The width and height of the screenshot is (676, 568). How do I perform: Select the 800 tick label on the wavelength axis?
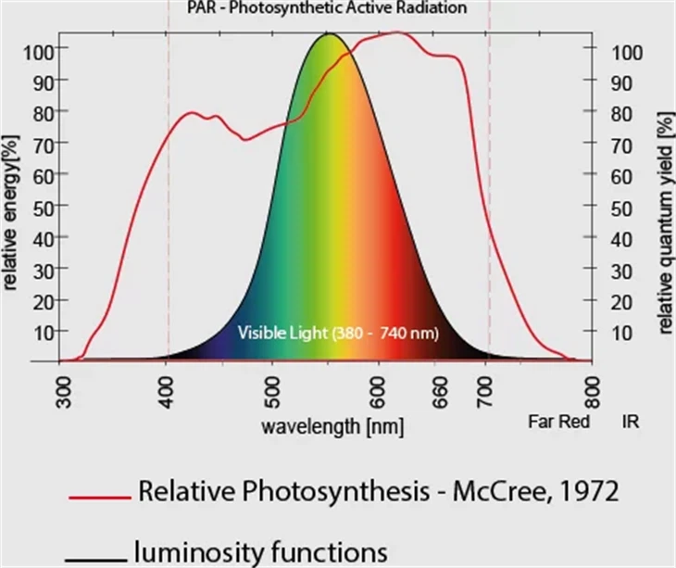[x=594, y=394]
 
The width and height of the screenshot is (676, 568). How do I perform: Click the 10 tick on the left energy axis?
[x=40, y=331]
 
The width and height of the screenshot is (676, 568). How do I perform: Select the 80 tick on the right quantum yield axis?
[x=622, y=113]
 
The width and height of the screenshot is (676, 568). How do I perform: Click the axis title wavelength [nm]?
[x=332, y=427]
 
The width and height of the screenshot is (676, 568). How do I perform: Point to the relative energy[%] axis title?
[x=11, y=214]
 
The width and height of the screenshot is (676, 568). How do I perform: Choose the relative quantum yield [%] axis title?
[x=665, y=222]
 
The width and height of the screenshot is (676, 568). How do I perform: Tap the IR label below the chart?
[x=632, y=421]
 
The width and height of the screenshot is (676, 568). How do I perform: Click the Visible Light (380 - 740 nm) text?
[x=338, y=332]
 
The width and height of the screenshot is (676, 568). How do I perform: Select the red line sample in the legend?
[x=98, y=498]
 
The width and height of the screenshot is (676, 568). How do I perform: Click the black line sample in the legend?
[x=94, y=559]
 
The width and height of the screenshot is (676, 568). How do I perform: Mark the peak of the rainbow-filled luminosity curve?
[x=329, y=34]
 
